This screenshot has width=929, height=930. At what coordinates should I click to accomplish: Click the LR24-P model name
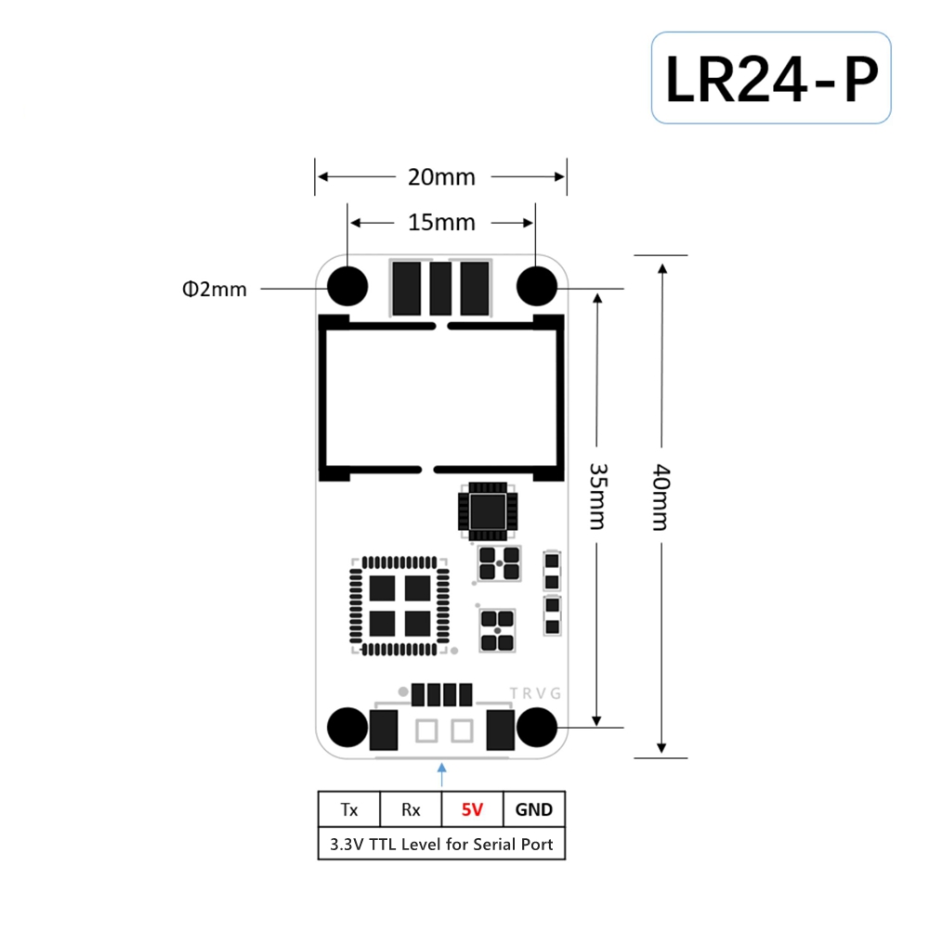pyautogui.click(x=771, y=79)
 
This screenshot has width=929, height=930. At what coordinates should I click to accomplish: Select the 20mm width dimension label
pyautogui.click(x=441, y=177)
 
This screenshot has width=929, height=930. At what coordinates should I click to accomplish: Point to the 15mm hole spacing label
pyautogui.click(x=441, y=223)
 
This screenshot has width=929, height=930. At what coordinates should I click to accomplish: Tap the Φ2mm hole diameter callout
pyautogui.click(x=215, y=290)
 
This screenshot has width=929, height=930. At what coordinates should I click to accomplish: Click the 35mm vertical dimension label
pyautogui.click(x=597, y=497)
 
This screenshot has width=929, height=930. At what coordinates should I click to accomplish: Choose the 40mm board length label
pyautogui.click(x=661, y=497)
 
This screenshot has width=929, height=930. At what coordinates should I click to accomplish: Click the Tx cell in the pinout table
pyautogui.click(x=349, y=809)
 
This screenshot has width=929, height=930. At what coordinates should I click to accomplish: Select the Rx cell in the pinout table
pyautogui.click(x=411, y=809)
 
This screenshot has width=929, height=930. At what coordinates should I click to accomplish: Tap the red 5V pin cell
pyautogui.click(x=473, y=809)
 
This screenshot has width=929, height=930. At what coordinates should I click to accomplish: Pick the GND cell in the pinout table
pyautogui.click(x=533, y=809)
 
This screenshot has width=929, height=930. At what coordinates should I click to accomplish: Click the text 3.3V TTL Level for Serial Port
pyautogui.click(x=441, y=844)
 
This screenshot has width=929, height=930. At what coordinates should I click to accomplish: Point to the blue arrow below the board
pyautogui.click(x=441, y=775)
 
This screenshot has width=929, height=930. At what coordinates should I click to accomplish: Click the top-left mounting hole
pyautogui.click(x=347, y=287)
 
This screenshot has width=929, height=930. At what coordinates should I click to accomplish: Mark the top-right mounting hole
pyautogui.click(x=537, y=287)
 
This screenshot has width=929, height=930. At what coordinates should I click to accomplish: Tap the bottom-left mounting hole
pyautogui.click(x=347, y=727)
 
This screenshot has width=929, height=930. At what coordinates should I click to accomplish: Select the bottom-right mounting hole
pyautogui.click(x=537, y=727)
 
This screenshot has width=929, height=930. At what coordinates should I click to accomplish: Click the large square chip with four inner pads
pyautogui.click(x=399, y=605)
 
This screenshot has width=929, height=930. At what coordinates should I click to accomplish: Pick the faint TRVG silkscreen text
pyautogui.click(x=535, y=693)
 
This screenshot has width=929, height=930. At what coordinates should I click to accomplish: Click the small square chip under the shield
pyautogui.click(x=488, y=511)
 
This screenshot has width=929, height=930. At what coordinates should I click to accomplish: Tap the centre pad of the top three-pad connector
pyautogui.click(x=440, y=289)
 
